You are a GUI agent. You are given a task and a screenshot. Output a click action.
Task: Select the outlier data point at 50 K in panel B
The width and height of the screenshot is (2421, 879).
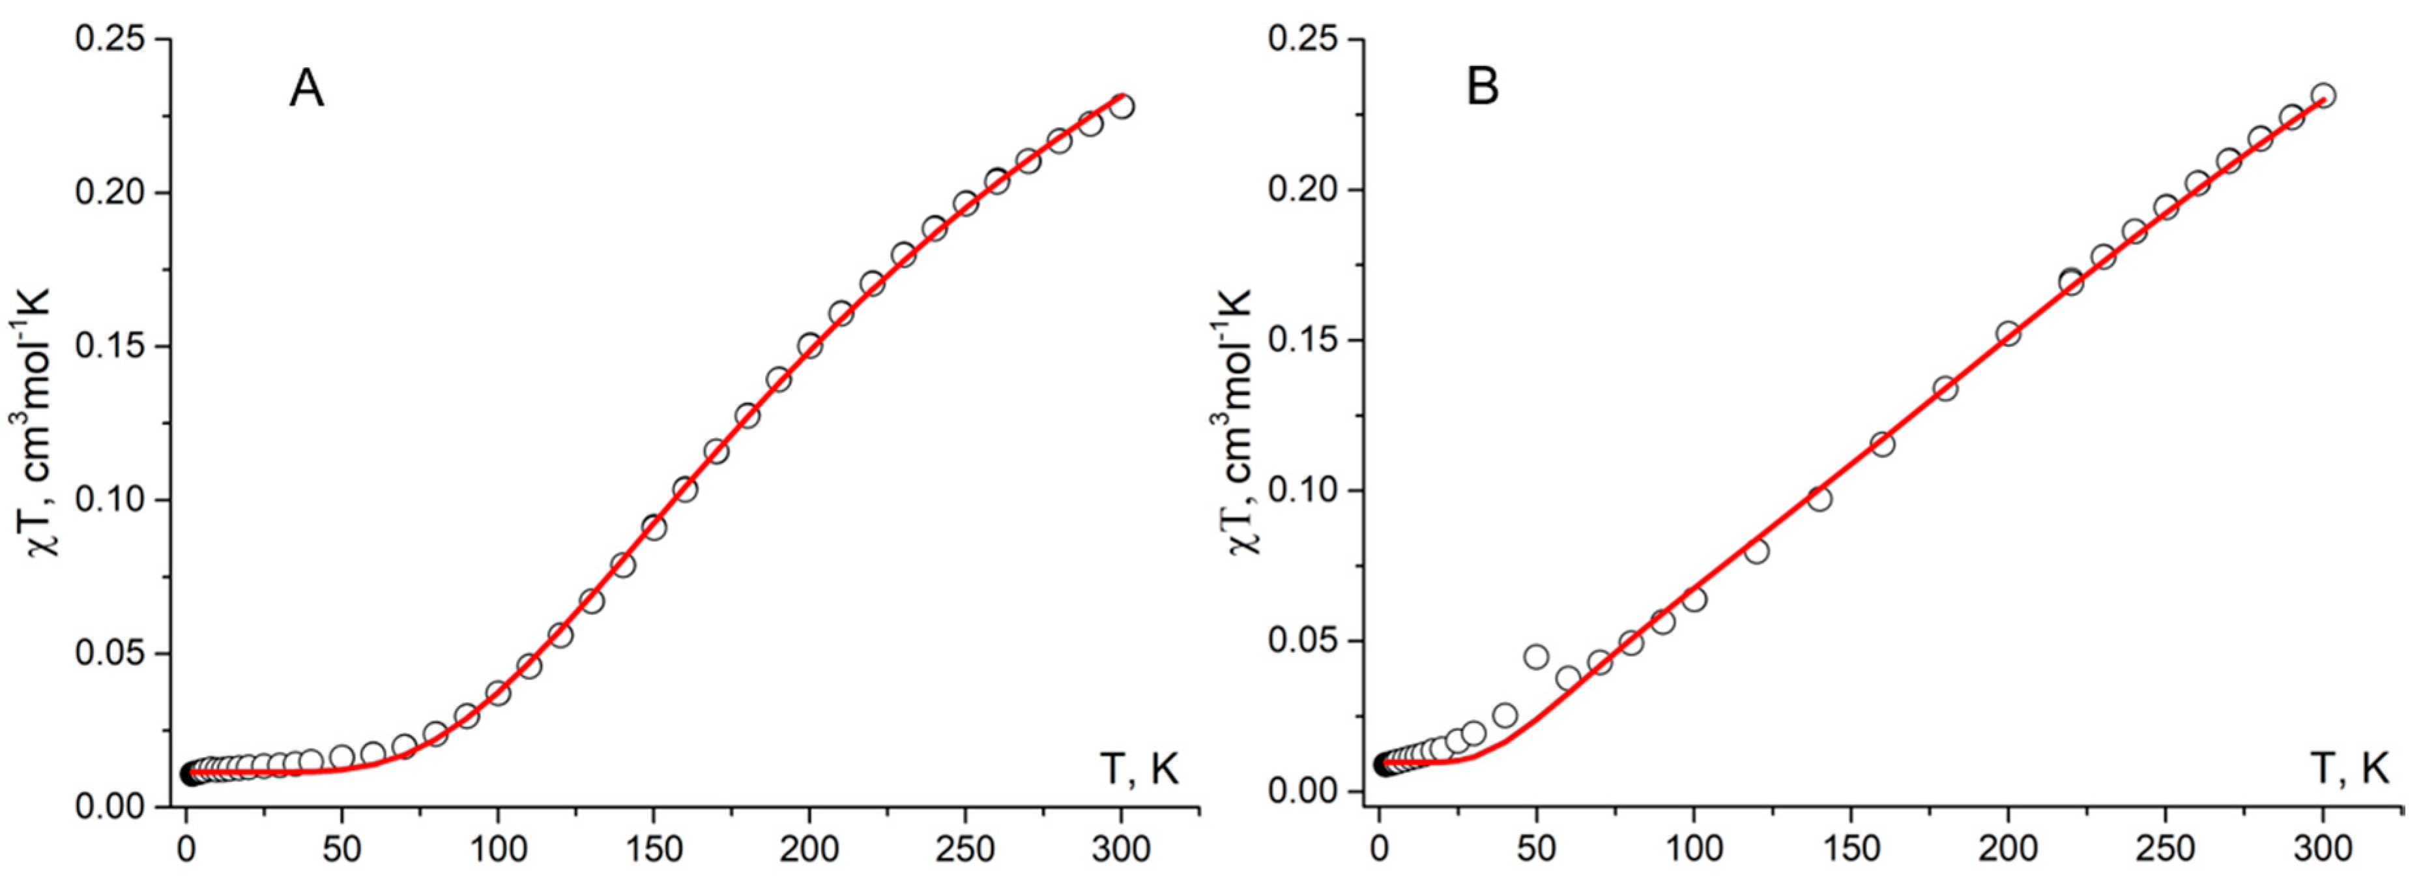(1535, 656)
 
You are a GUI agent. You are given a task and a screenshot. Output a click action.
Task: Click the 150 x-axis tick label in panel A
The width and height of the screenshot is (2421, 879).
(653, 850)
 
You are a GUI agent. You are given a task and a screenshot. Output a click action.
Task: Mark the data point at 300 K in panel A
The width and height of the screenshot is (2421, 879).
(1120, 106)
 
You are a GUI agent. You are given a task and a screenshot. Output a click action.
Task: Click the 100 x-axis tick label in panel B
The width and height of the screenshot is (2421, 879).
(1692, 850)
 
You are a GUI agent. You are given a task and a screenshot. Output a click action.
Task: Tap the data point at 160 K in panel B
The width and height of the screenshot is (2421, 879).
(1881, 443)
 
